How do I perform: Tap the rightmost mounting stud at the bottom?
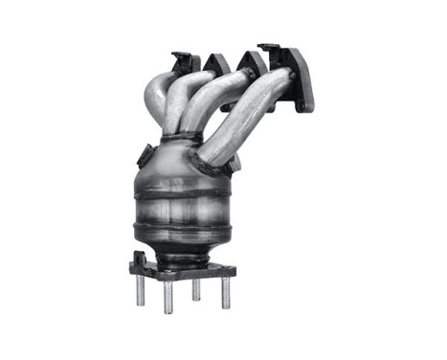tap(227, 292)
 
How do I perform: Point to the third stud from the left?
tap(196, 288)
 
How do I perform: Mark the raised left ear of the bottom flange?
tap(141, 259)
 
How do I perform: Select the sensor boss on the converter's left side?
tap(145, 156)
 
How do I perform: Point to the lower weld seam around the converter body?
tap(185, 228)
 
